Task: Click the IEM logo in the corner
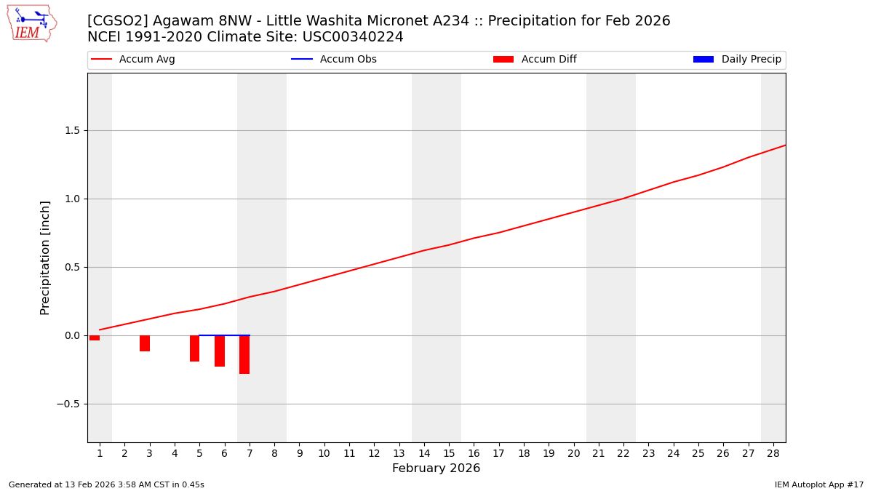(x=31, y=23)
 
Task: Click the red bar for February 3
(x=145, y=343)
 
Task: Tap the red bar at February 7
(x=244, y=354)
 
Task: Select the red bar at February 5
(x=194, y=348)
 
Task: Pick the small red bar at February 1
(x=95, y=338)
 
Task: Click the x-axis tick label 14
(x=423, y=454)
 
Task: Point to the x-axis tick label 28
(x=773, y=454)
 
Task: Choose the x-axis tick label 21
(x=598, y=454)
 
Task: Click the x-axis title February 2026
(x=436, y=468)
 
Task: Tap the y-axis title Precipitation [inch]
(x=45, y=258)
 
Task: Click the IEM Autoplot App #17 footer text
(x=818, y=485)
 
